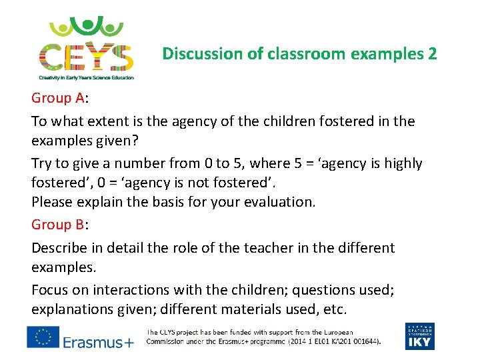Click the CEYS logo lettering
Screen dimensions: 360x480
[x=86, y=56]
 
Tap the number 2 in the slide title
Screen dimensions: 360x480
[x=432, y=53]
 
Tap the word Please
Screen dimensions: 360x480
[x=53, y=201]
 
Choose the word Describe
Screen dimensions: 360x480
[x=61, y=248]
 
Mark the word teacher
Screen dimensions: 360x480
[x=247, y=248]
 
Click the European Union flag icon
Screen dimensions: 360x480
[x=43, y=337]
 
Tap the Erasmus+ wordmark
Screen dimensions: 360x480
[x=99, y=342]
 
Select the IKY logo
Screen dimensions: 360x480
[x=419, y=336]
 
